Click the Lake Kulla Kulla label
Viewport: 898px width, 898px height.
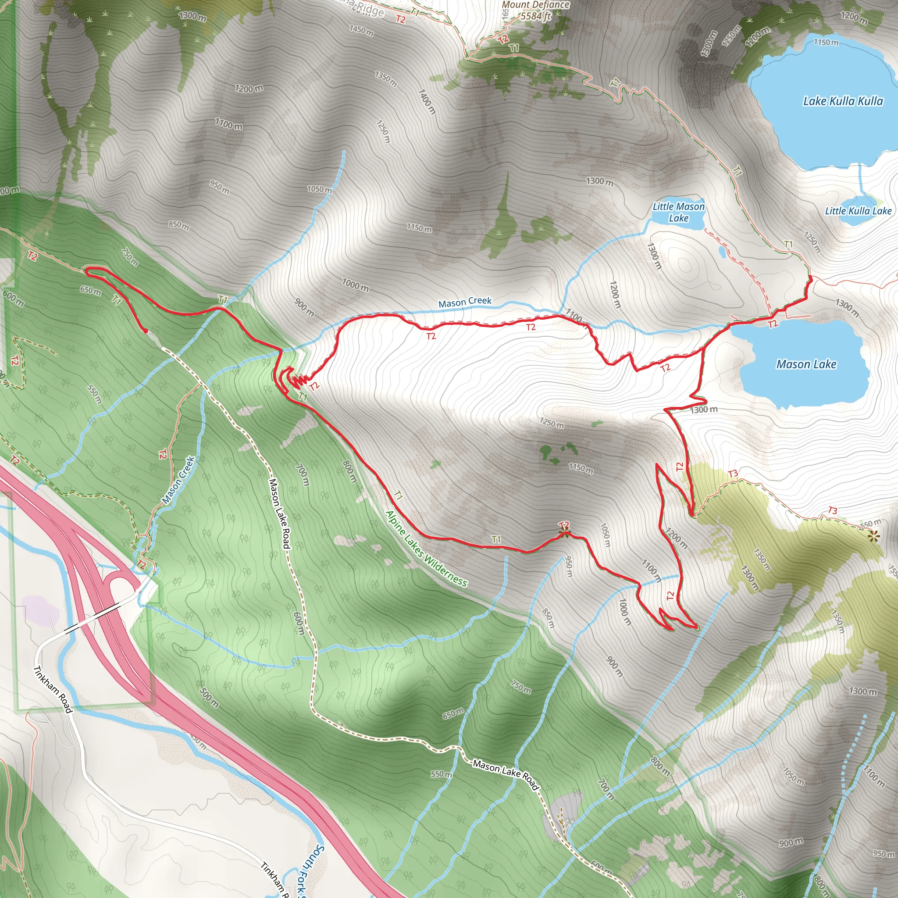[843, 101]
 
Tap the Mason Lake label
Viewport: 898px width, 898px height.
[806, 364]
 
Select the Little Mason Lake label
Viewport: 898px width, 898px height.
[679, 212]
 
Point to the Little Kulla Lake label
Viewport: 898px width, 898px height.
[858, 210]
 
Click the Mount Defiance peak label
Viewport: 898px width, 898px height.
[535, 5]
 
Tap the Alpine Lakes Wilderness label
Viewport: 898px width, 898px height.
[426, 549]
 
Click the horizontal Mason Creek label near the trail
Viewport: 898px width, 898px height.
[465, 302]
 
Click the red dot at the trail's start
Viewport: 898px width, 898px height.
[146, 331]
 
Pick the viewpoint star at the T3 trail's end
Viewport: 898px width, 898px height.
[874, 536]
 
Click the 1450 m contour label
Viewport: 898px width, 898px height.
[361, 31]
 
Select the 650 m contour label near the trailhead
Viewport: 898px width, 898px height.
[90, 291]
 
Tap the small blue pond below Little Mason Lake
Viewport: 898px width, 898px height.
[721, 252]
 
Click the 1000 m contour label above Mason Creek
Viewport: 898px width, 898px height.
[355, 285]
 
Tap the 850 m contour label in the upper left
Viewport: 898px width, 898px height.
[178, 225]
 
